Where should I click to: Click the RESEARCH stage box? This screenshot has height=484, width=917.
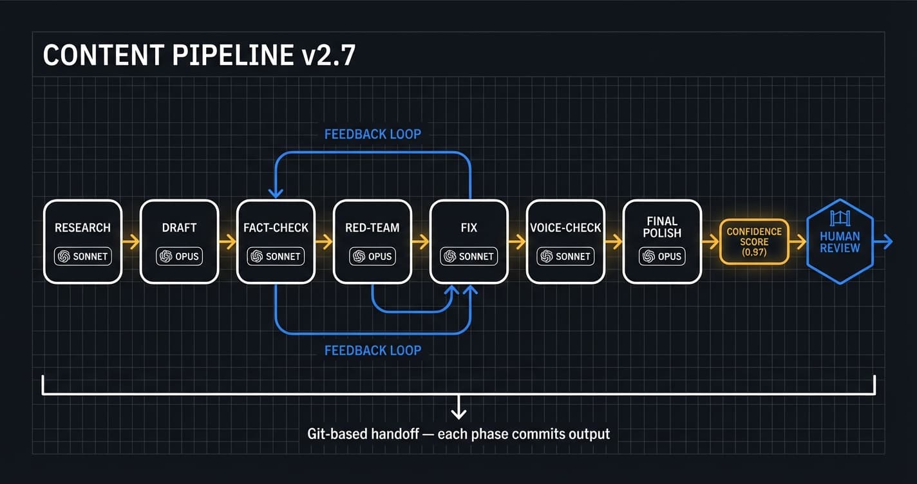[x=82, y=241]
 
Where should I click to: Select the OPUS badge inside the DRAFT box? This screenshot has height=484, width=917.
[x=179, y=256]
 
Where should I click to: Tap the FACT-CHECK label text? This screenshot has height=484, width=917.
[x=276, y=228]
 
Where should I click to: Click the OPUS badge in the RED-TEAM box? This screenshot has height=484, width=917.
[x=372, y=256]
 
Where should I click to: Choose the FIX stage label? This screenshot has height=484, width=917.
[x=469, y=228]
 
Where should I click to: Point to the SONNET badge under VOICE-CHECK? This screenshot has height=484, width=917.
[x=565, y=256]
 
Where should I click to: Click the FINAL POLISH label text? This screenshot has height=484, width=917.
[x=662, y=227]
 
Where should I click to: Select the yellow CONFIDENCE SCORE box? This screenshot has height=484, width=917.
[x=754, y=242]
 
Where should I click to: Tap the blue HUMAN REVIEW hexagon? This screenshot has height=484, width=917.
[x=840, y=242]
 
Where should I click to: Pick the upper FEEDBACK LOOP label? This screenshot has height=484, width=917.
[x=372, y=134]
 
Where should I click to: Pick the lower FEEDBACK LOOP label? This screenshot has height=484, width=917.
[x=372, y=350]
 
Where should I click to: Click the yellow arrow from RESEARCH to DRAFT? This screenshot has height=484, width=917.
[x=131, y=242]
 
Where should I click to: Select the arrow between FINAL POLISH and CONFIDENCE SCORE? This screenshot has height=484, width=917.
[x=710, y=242]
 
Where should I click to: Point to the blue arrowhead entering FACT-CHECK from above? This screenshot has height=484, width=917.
[x=276, y=192]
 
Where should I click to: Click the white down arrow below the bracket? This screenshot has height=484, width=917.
[x=458, y=407]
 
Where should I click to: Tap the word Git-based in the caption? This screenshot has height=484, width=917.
[x=337, y=434]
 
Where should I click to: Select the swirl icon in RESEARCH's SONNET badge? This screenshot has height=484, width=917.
[x=64, y=256]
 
